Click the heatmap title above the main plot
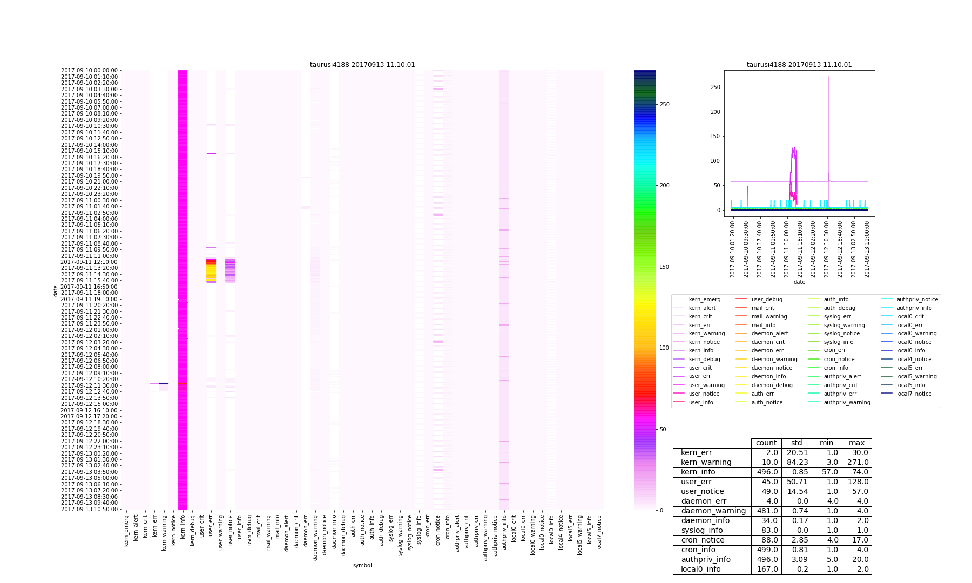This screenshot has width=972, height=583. (x=362, y=65)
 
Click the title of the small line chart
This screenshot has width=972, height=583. (x=799, y=65)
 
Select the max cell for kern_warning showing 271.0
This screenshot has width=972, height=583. (x=856, y=463)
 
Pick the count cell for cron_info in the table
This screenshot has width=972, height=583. (x=766, y=550)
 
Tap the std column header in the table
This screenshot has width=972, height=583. (x=796, y=443)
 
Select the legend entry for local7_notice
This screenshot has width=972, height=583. (x=914, y=394)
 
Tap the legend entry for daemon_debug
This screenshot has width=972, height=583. (x=772, y=385)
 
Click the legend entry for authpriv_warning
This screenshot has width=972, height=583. (x=847, y=403)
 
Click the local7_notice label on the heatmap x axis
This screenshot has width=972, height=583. (x=599, y=532)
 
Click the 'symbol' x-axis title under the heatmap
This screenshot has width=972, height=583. (x=362, y=565)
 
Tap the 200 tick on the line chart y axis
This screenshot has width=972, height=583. (x=717, y=112)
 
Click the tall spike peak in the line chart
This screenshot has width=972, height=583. (x=828, y=77)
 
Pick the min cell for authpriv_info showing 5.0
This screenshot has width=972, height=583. (x=826, y=560)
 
